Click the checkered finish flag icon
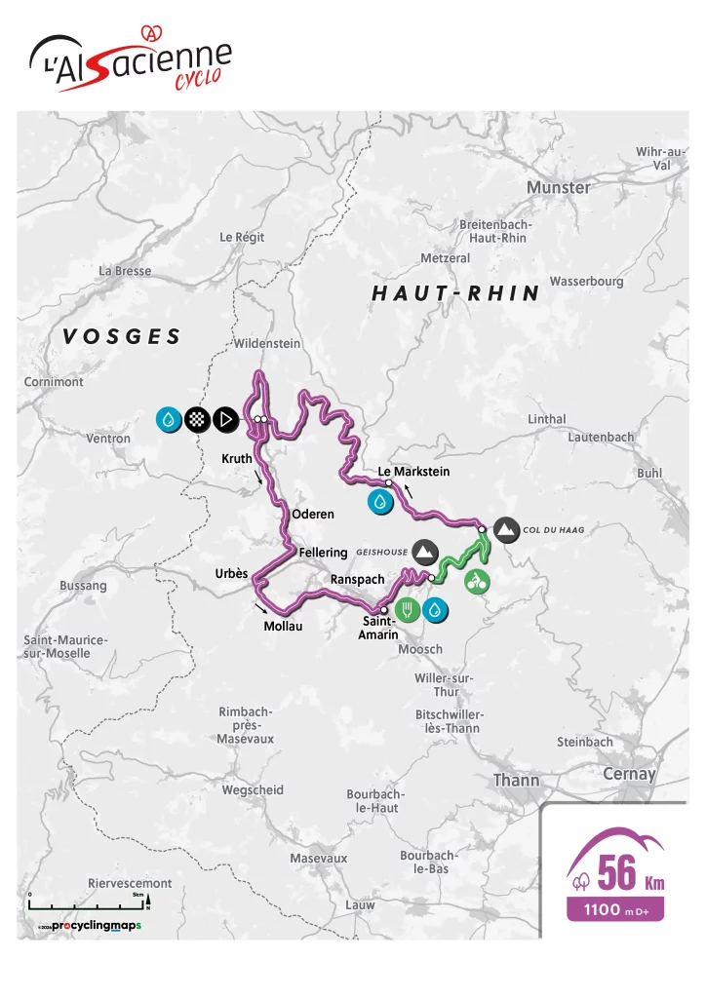(x=198, y=419)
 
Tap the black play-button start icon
(x=225, y=419)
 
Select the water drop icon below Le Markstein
(x=379, y=502)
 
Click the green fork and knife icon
(x=408, y=611)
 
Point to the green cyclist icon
(x=477, y=582)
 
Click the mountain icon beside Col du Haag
(x=506, y=529)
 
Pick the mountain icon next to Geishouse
(x=424, y=551)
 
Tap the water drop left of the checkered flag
(x=170, y=419)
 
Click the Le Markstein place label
(x=413, y=472)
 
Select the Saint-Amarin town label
(x=379, y=628)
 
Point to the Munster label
(x=558, y=187)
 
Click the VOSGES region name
(x=122, y=337)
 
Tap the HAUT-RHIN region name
(x=455, y=293)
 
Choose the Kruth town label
(x=237, y=458)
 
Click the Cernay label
(x=629, y=774)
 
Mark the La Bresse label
(x=125, y=271)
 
